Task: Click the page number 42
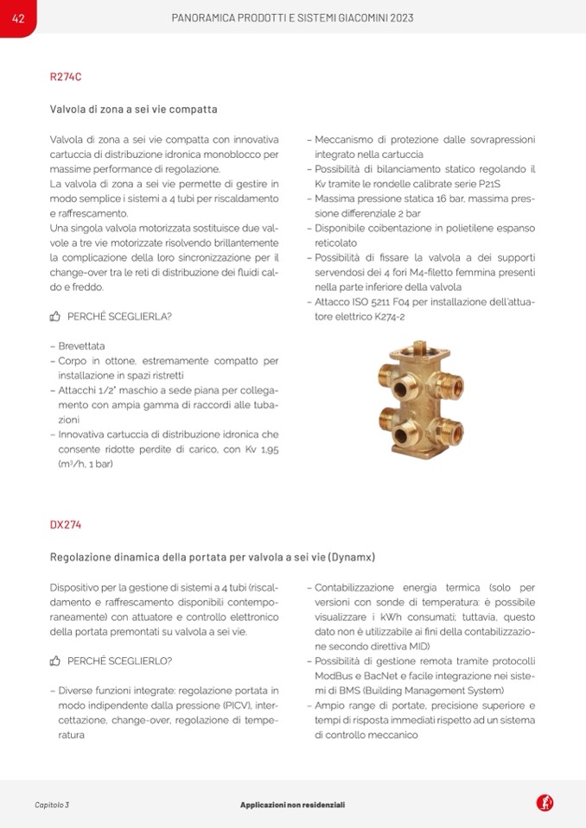click(17, 17)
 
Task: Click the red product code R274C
click(66, 76)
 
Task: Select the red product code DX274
click(66, 524)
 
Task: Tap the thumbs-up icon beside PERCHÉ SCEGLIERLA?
click(55, 317)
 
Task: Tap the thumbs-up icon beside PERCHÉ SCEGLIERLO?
click(55, 661)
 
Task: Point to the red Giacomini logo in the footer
click(545, 803)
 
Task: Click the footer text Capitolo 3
click(52, 805)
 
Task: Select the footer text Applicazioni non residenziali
click(292, 805)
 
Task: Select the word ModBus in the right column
click(334, 676)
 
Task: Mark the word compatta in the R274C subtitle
click(194, 110)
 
